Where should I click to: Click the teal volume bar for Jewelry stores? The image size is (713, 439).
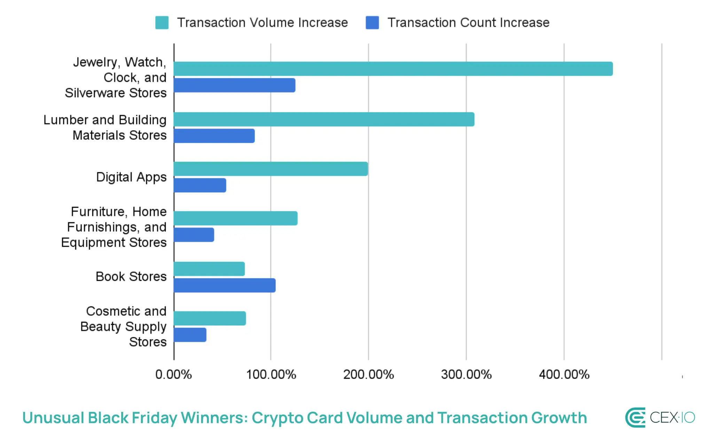393,69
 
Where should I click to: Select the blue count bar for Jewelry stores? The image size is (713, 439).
234,85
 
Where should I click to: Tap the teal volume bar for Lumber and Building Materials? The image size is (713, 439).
324,119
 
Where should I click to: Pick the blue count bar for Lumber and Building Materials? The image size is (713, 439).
214,136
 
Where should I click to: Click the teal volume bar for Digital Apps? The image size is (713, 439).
271,169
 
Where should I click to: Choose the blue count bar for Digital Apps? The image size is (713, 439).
200,185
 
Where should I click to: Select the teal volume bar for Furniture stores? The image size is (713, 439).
235,218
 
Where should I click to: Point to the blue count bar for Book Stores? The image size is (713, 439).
225,285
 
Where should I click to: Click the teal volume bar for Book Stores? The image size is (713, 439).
209,269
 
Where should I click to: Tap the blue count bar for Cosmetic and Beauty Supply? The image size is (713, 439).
190,335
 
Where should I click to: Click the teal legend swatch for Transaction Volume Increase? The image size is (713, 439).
162,23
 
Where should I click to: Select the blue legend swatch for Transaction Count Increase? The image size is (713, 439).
372,23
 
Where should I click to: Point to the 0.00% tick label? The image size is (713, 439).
173,375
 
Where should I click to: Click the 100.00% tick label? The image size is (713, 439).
271,375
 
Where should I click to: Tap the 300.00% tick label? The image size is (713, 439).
466,375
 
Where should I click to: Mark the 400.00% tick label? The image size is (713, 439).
564,375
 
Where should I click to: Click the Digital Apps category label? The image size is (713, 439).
131,177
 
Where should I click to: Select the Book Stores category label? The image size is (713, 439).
131,277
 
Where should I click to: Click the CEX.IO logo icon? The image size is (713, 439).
635,417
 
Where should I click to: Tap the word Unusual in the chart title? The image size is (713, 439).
53,418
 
